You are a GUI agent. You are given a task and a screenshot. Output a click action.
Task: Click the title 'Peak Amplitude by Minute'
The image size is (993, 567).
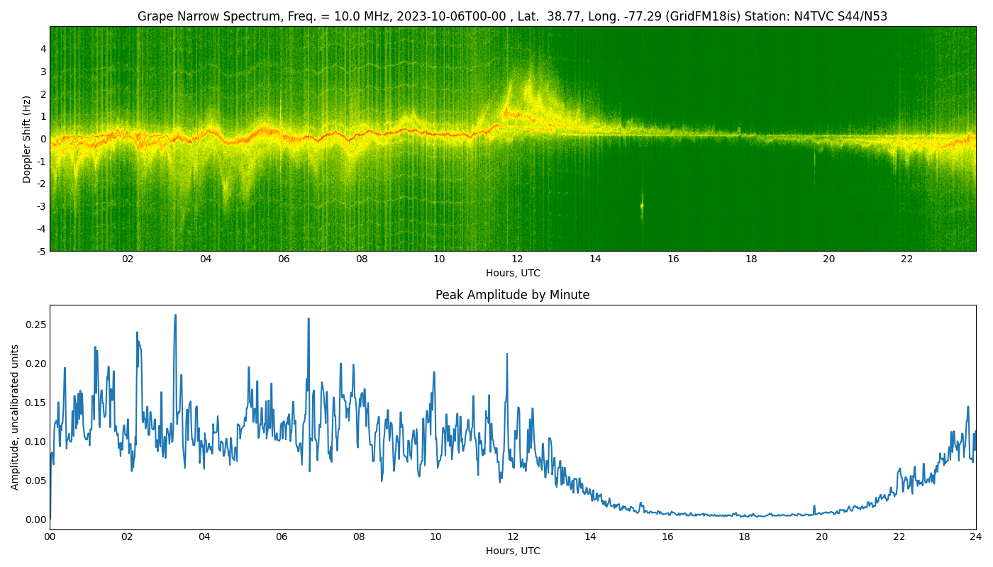click(512, 295)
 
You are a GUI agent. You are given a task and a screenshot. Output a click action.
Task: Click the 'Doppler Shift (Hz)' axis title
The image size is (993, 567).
click(27, 139)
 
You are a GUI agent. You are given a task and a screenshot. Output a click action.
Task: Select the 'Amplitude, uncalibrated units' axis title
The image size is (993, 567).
click(15, 417)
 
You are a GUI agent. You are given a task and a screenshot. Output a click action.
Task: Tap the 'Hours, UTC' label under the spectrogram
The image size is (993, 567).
click(512, 274)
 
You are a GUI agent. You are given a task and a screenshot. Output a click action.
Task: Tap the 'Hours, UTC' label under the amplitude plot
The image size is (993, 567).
click(512, 551)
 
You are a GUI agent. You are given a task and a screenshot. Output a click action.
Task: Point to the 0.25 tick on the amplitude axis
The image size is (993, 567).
click(35, 325)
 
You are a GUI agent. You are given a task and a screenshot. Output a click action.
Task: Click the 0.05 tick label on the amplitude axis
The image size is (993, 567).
click(35, 481)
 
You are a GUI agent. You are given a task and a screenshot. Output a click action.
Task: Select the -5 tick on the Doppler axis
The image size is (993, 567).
click(41, 251)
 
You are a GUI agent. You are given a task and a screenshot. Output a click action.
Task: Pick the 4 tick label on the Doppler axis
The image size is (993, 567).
click(43, 49)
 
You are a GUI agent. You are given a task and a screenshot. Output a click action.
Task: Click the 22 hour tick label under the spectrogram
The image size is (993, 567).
click(906, 259)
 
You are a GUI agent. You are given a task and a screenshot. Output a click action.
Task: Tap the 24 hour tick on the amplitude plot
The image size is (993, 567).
click(976, 537)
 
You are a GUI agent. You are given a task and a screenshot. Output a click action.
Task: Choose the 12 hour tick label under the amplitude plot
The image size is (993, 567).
click(513, 537)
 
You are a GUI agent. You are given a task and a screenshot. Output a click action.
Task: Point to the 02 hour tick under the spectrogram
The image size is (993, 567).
click(128, 259)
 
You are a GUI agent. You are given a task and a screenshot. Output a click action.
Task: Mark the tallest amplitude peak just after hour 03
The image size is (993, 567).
click(175, 315)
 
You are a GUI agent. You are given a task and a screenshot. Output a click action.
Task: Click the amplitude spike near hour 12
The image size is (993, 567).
click(507, 354)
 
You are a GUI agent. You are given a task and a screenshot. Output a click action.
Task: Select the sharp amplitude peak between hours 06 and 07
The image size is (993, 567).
click(309, 319)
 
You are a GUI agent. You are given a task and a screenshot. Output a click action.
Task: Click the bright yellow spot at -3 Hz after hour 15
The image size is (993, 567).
click(642, 206)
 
